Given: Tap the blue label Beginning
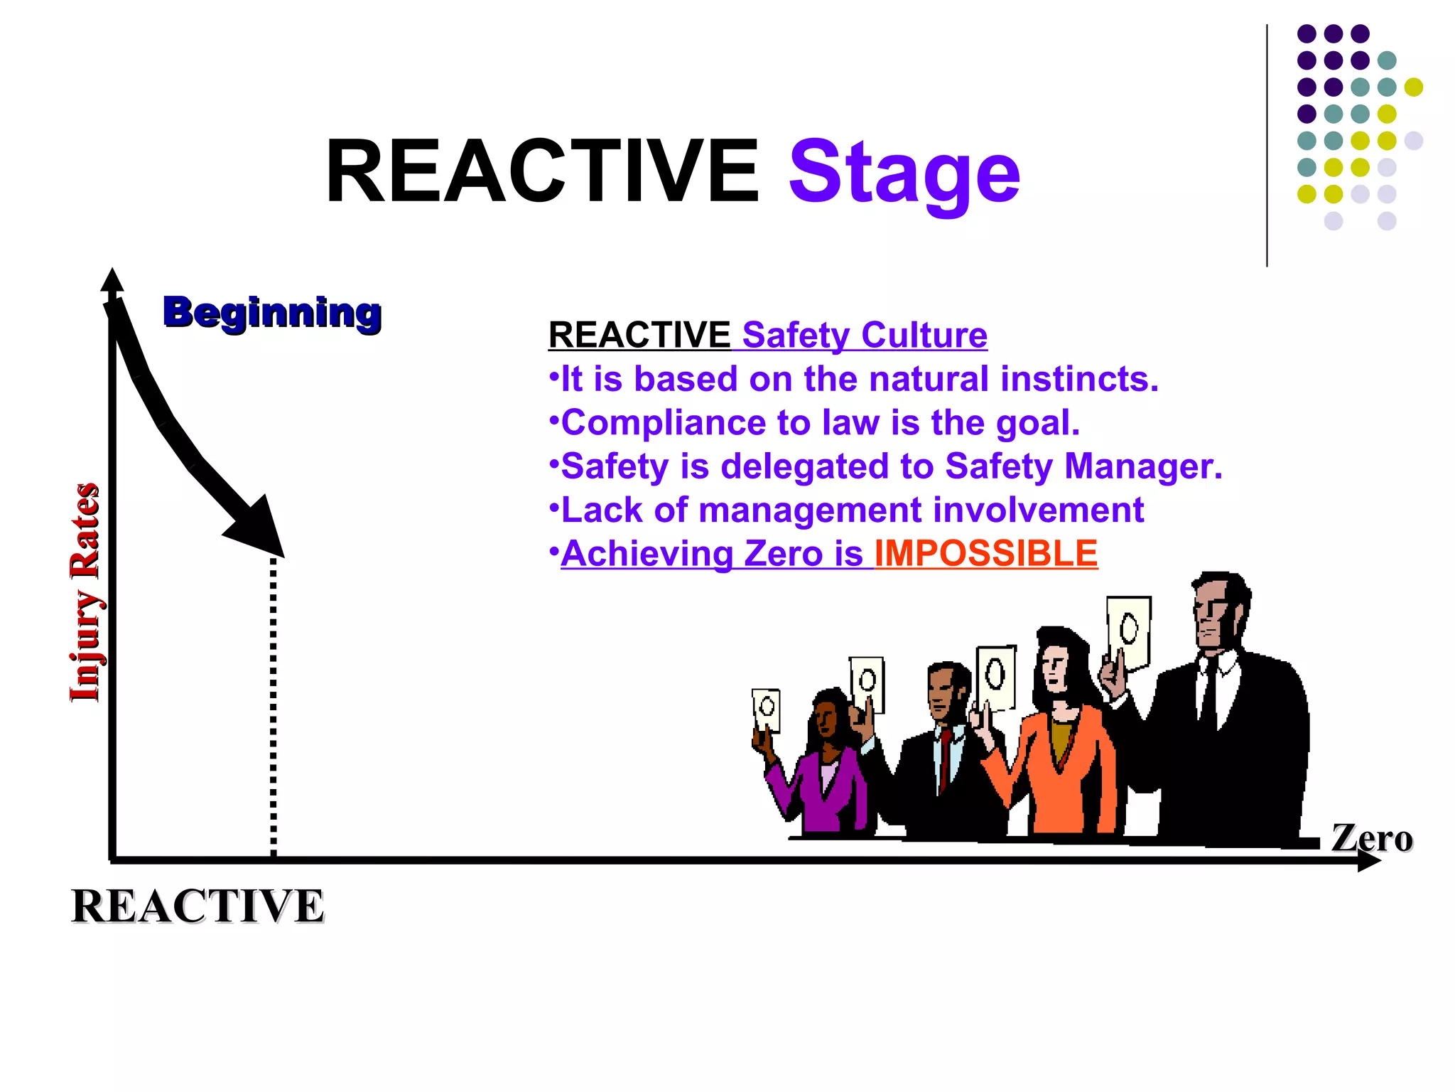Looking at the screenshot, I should pyautogui.click(x=272, y=312).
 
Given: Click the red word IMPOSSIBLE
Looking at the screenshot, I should pyautogui.click(x=985, y=554).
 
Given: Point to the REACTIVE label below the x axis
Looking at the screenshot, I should pyautogui.click(x=198, y=906).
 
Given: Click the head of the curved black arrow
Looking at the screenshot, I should pyautogui.click(x=259, y=530).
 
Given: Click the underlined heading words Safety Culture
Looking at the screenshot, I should pyautogui.click(x=864, y=335).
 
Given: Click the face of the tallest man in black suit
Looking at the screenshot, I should pyautogui.click(x=1216, y=611).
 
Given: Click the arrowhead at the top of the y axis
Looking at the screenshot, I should pyautogui.click(x=112, y=280).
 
